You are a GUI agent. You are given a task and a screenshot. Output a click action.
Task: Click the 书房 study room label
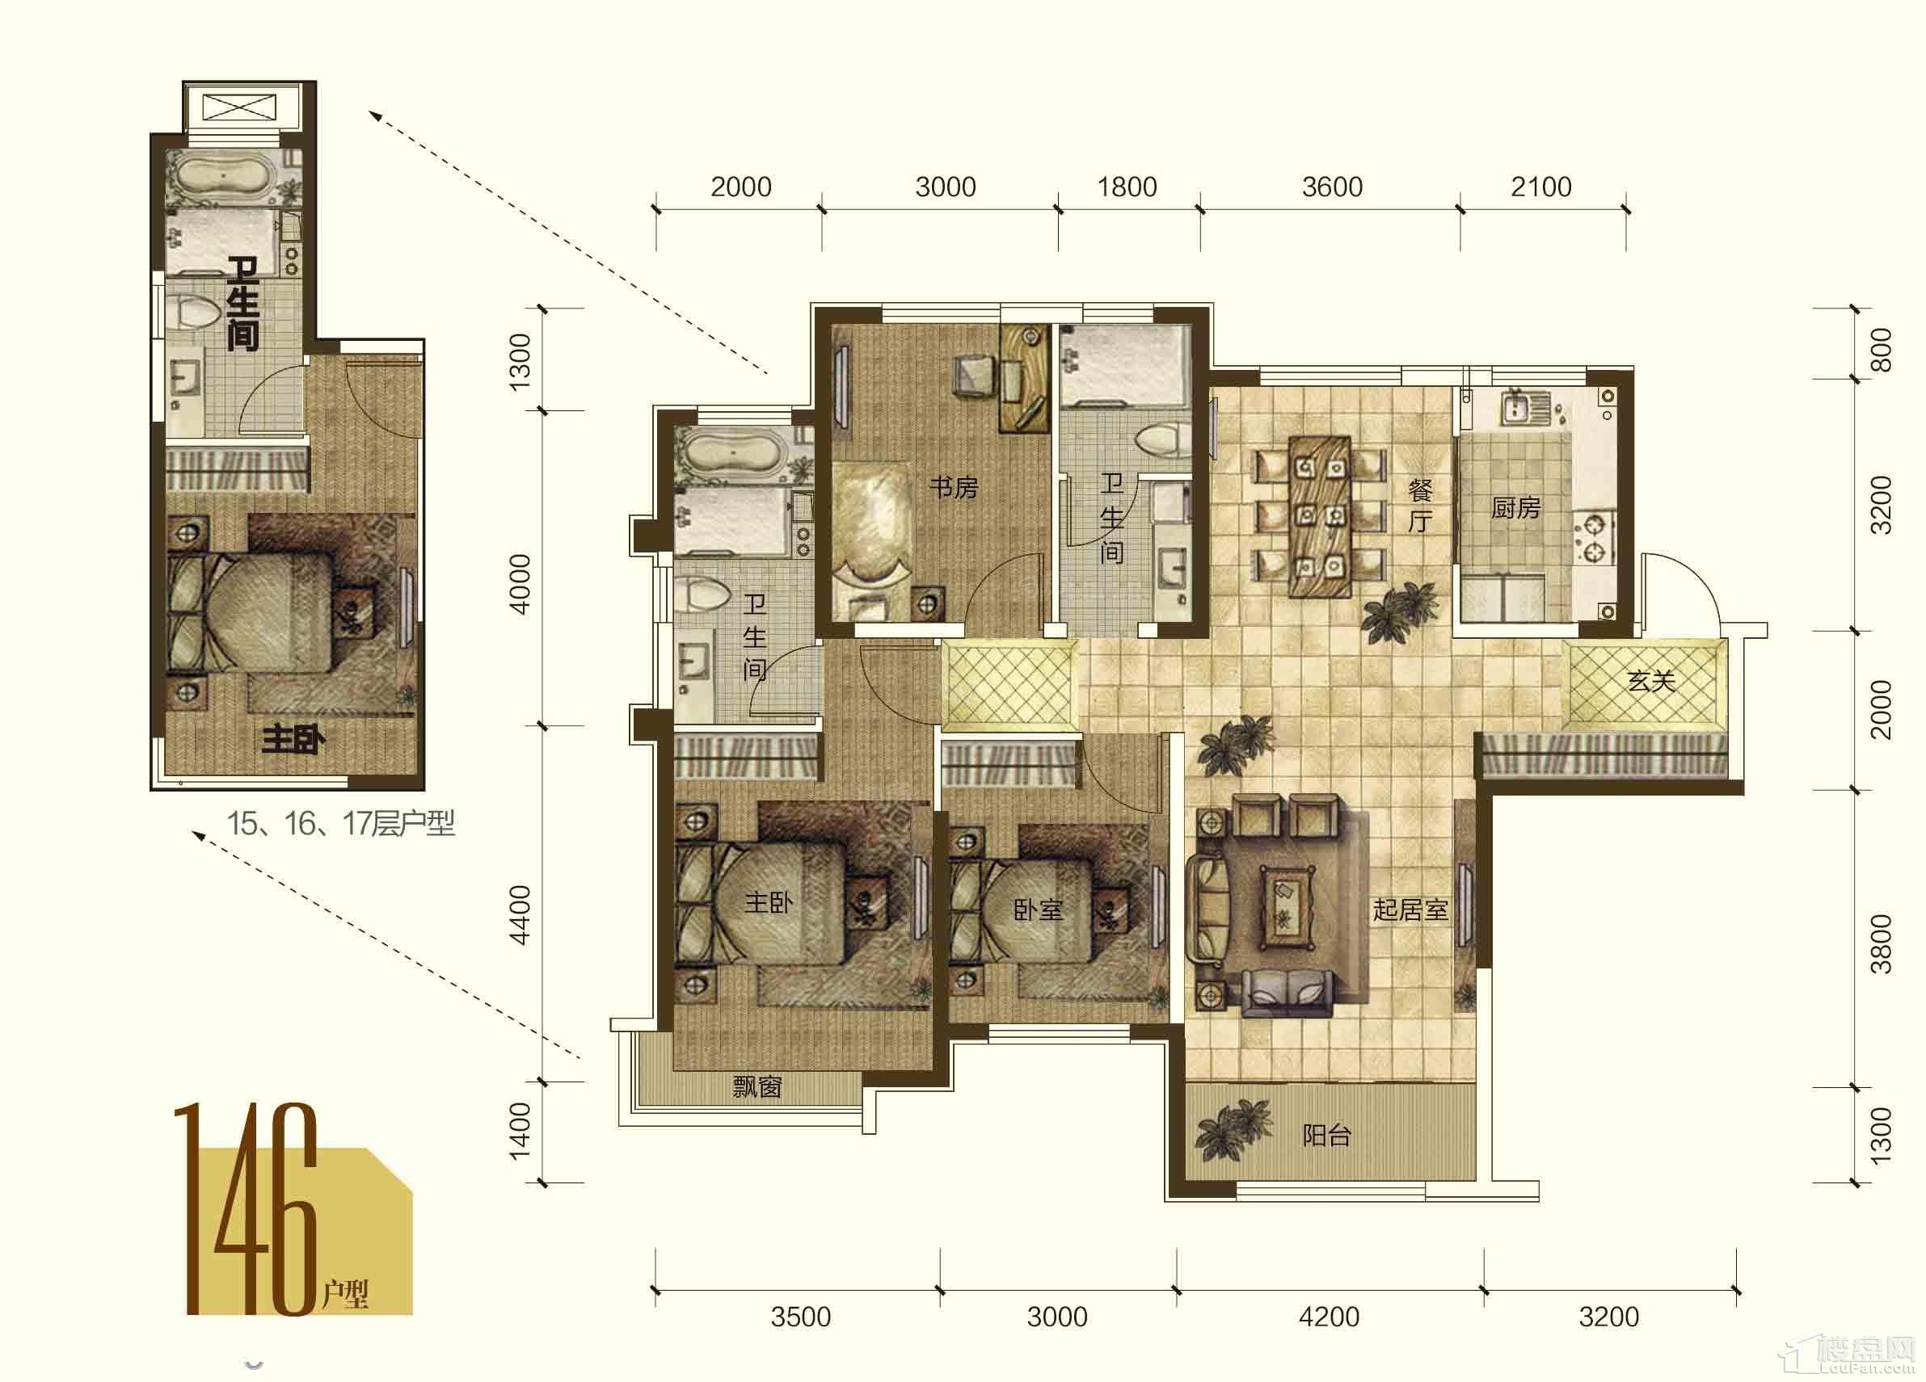(953, 487)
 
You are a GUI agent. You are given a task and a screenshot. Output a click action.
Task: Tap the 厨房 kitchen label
(1516, 507)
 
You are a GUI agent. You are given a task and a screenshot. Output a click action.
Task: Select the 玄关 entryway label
(1651, 680)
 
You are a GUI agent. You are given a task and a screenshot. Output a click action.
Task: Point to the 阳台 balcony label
(1326, 1135)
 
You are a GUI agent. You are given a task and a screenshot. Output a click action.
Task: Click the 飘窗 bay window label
(756, 1086)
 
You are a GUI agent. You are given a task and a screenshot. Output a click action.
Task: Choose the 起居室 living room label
(1410, 910)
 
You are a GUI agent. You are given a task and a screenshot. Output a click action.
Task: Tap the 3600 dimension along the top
(1332, 187)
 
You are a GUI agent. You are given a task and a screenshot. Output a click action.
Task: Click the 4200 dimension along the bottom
(1329, 1317)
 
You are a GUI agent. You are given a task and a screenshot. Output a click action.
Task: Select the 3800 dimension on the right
(1881, 944)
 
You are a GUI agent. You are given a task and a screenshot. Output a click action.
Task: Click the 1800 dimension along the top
(1127, 187)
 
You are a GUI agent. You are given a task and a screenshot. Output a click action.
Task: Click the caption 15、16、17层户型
(340, 823)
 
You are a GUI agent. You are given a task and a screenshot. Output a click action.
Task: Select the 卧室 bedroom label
(1038, 910)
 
